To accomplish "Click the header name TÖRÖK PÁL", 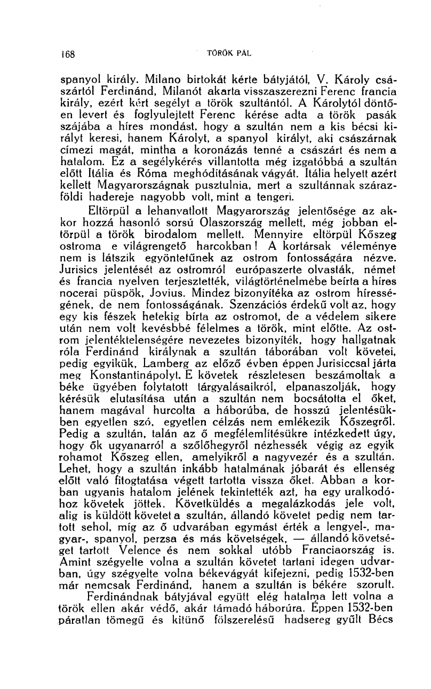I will click(229, 53).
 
